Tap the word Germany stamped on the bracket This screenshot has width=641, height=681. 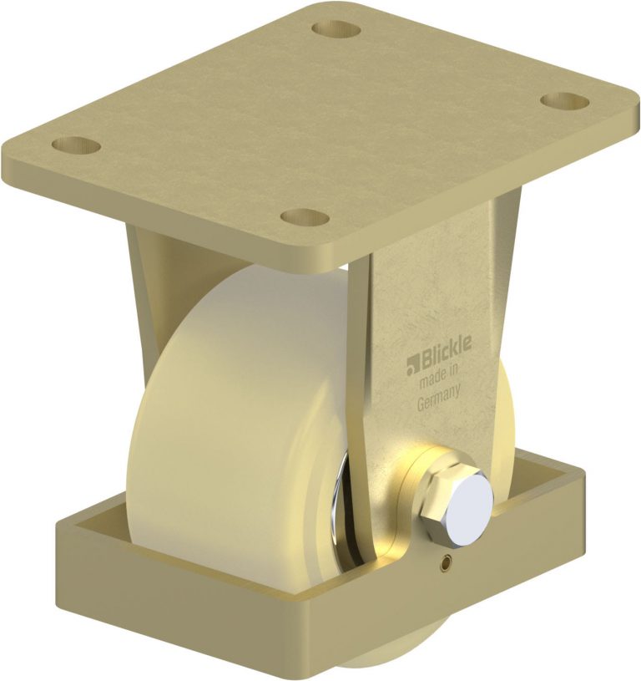pyautogui.click(x=439, y=404)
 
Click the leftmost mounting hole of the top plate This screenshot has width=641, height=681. pyautogui.click(x=76, y=145)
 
